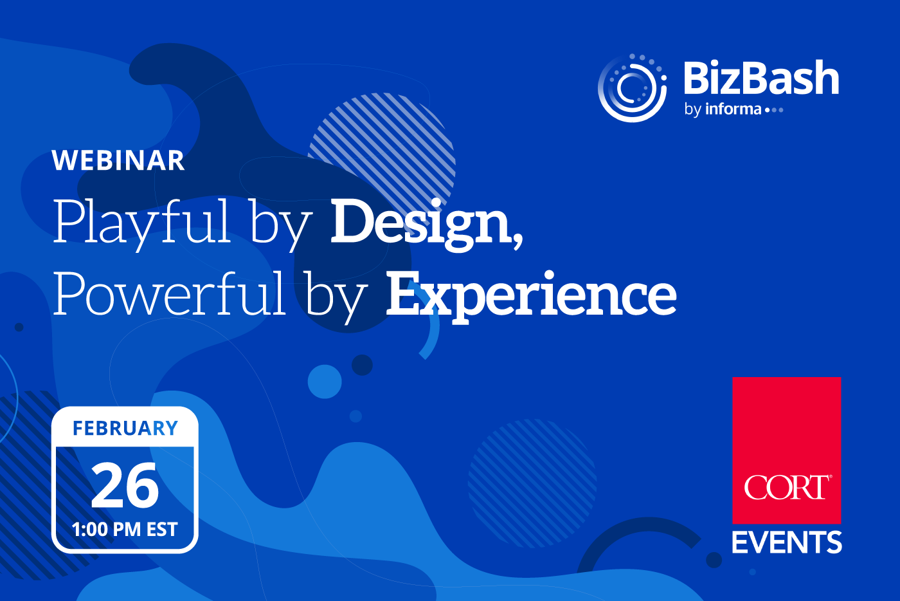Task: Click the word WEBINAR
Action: (118, 160)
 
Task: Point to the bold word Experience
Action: (531, 297)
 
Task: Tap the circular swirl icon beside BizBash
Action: (633, 88)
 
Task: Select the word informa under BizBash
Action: (733, 109)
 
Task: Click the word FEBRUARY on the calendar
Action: (125, 428)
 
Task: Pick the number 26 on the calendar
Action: (125, 485)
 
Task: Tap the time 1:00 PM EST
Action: (125, 530)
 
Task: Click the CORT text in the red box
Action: (787, 486)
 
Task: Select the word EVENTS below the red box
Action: (787, 542)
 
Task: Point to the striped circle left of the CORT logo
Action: (532, 483)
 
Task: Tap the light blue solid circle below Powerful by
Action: (325, 382)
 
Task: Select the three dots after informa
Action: (774, 110)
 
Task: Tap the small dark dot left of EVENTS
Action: (714, 560)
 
